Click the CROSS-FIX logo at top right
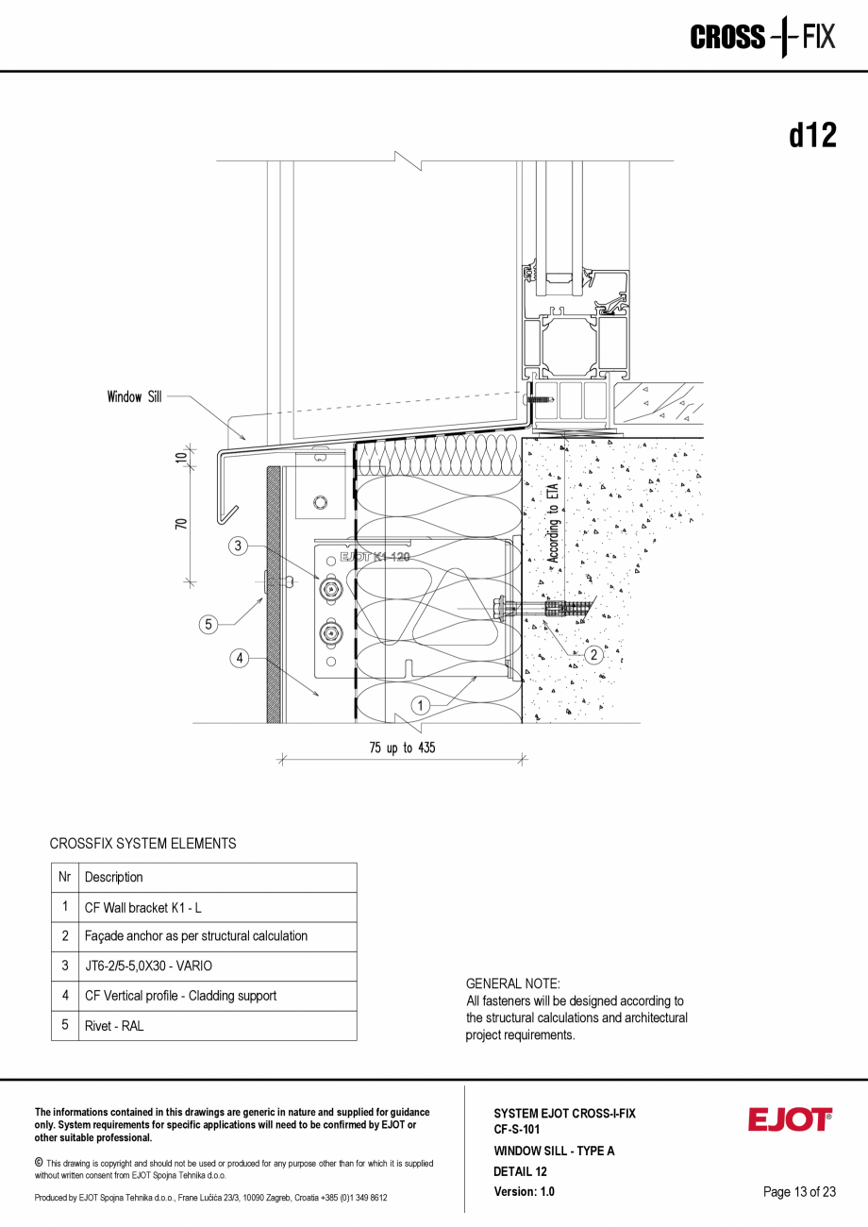pos(762,38)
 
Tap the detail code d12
pos(812,136)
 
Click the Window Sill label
pos(134,397)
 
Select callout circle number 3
pos(239,546)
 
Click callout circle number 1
pos(421,705)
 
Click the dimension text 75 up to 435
pos(403,748)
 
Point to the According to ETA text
pos(554,524)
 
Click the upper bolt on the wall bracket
pos(329,589)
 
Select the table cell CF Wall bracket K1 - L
pos(142,908)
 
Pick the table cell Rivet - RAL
pos(114,1026)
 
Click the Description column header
pos(114,878)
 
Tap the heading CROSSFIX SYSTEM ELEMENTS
pos(142,844)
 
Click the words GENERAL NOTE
pos(512,983)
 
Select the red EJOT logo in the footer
pos(790,1119)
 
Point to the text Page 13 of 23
pos(799,1192)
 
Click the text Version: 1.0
pos(524,1192)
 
